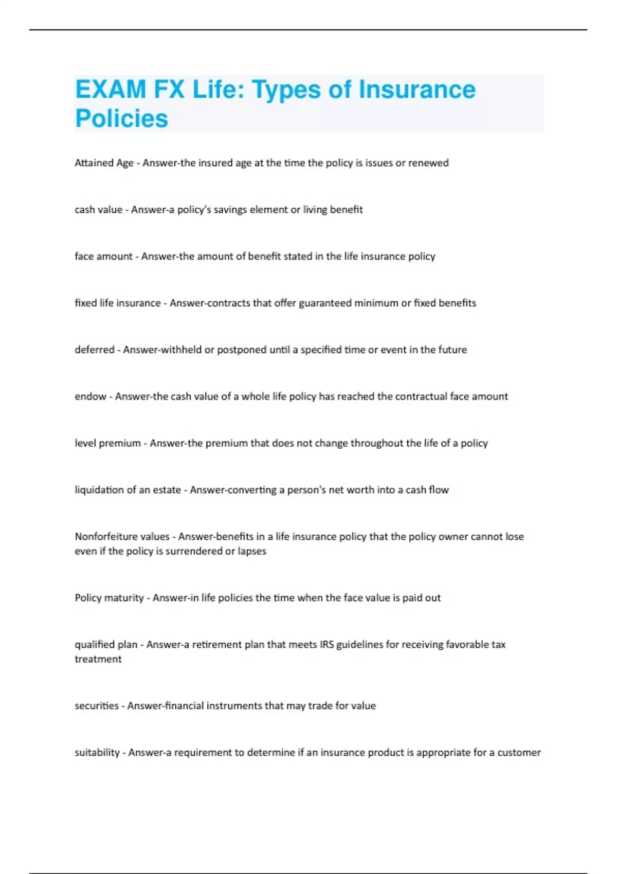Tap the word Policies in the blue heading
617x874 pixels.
point(122,118)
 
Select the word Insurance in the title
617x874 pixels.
point(417,89)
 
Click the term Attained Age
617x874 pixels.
point(104,163)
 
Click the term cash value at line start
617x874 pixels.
point(98,210)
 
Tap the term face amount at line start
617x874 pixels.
point(103,257)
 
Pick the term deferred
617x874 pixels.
point(95,350)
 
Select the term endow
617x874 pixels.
point(90,396)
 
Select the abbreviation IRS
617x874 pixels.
point(326,645)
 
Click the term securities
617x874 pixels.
point(97,706)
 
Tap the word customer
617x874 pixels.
point(519,753)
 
